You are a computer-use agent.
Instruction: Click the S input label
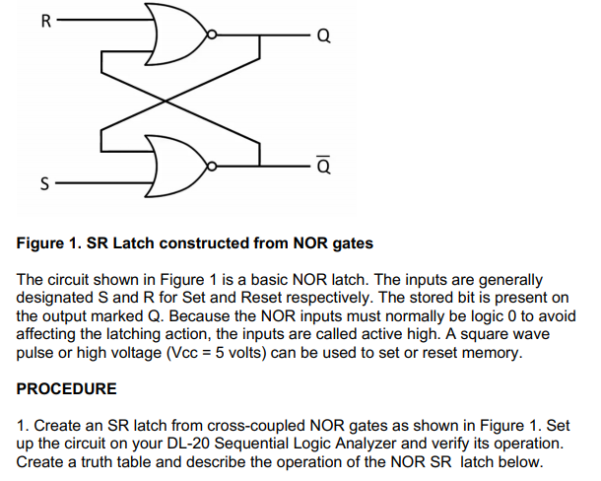pyautogui.click(x=43, y=183)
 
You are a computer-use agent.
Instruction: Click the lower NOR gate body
pyautogui.click(x=178, y=162)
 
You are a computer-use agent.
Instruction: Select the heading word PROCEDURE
pyautogui.click(x=67, y=389)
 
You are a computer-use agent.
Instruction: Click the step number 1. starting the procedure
pyautogui.click(x=24, y=426)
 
